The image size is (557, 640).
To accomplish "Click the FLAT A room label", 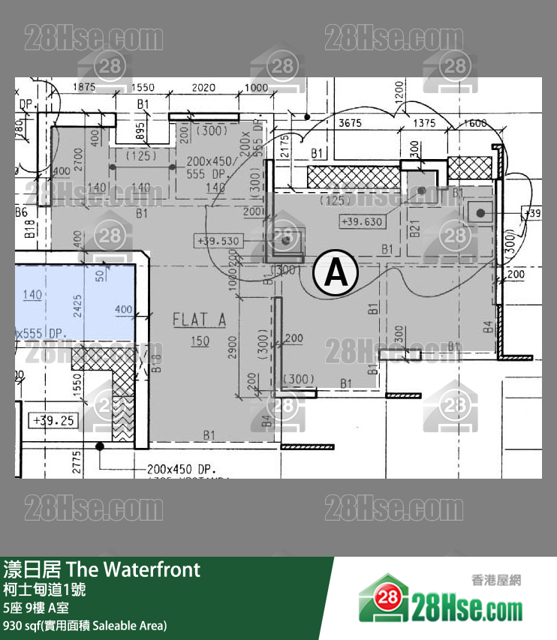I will tap(199, 320).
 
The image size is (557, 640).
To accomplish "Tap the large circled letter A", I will tap(335, 273).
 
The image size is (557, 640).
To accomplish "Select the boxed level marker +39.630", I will tap(361, 222).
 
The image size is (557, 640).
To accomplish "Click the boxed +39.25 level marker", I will tap(54, 420).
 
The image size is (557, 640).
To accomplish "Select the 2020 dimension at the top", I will tap(203, 88).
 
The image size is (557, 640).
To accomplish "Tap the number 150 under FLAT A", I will tap(200, 341).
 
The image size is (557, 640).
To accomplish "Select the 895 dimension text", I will tap(140, 132).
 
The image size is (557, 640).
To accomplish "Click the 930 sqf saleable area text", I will tap(85, 625).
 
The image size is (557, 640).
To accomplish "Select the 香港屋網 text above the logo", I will tap(495, 579).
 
